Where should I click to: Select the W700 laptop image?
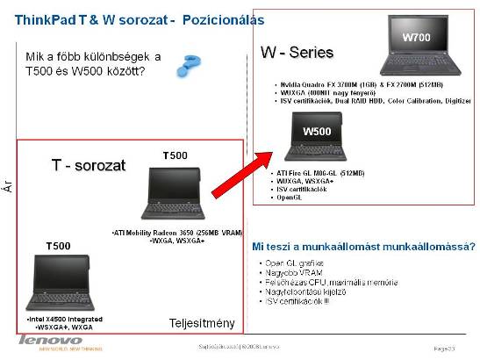[x=419, y=50]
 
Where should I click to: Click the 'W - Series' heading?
[x=298, y=53]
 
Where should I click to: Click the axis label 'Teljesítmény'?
[x=203, y=324]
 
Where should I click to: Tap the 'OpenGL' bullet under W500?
[x=289, y=198]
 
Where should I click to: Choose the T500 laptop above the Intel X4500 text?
[x=55, y=279]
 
